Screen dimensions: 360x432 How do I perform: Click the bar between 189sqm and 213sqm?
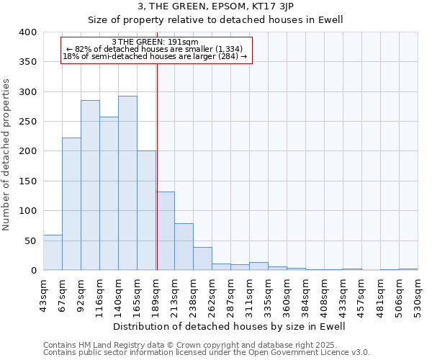[x=166, y=231]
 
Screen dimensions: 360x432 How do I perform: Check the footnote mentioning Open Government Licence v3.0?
[x=207, y=353]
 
